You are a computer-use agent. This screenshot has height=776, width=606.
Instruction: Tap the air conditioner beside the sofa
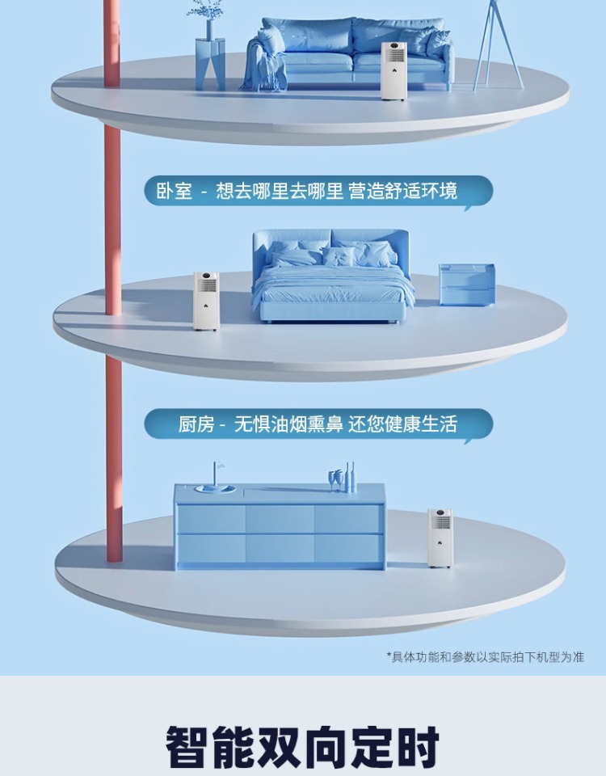click(x=393, y=70)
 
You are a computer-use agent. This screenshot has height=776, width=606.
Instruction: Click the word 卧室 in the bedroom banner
click(x=174, y=191)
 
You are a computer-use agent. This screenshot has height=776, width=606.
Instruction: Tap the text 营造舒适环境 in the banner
click(x=403, y=191)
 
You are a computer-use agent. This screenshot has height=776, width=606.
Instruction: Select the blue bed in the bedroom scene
click(x=333, y=279)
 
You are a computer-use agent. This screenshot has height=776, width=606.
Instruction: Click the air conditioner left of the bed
click(x=206, y=300)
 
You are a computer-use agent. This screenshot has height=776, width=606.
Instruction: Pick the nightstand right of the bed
click(x=466, y=285)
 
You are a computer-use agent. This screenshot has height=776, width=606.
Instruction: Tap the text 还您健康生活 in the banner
click(x=403, y=424)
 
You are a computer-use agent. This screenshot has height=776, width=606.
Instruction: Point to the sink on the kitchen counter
click(x=216, y=488)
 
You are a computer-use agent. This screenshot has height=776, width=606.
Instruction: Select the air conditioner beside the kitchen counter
click(x=440, y=538)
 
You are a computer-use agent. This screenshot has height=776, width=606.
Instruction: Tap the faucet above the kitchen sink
click(x=215, y=472)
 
